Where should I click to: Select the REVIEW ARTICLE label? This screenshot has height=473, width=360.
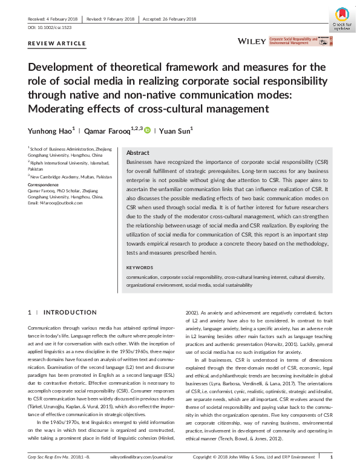click(x=57, y=44)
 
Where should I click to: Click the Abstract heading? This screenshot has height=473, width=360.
click(x=138, y=153)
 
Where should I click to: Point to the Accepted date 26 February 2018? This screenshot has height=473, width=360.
click(x=169, y=19)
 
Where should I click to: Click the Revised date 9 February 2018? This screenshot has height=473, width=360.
click(x=111, y=19)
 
